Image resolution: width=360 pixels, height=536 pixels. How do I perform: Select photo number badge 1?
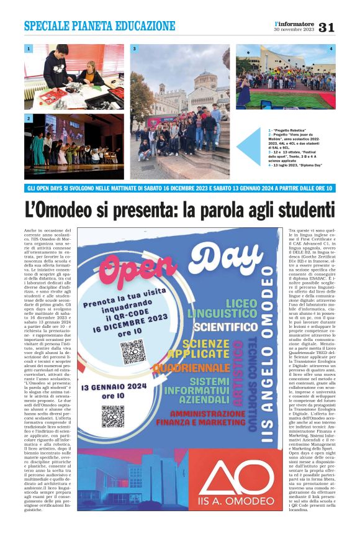pyautogui.click(x=29, y=48)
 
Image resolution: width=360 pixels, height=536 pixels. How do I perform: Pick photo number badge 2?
pyautogui.click(x=29, y=117)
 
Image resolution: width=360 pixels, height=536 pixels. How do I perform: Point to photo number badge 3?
pyautogui.click(x=134, y=48)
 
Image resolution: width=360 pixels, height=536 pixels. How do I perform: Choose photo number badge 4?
pyautogui.click(x=330, y=48)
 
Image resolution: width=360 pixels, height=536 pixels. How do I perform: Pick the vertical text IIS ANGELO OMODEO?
pyautogui.click(x=268, y=348)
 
